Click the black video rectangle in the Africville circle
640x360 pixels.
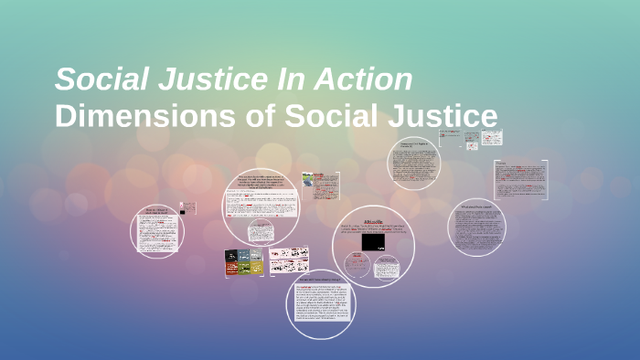[372, 242]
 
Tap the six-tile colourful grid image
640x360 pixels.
[244, 262]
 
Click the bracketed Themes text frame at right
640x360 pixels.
[520, 179]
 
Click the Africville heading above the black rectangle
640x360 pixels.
[374, 220]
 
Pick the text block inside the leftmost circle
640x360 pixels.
[156, 233]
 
